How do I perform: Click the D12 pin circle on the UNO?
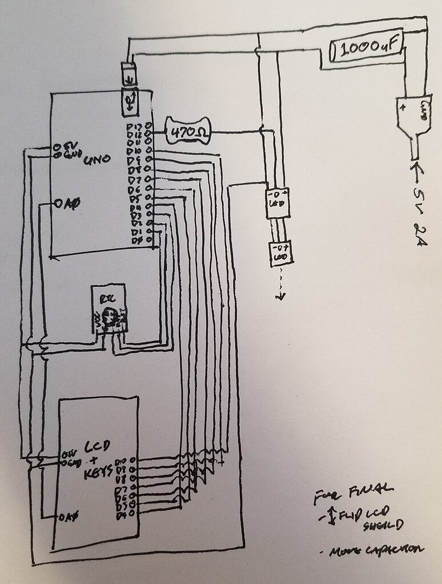[x=148, y=133]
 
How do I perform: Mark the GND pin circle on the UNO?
[x=57, y=154]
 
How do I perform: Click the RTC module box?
[x=110, y=311]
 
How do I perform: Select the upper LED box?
[x=278, y=202]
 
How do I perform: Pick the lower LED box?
[x=281, y=253]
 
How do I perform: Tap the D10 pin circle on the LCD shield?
[x=132, y=460]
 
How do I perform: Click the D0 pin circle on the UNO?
[x=149, y=240]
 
